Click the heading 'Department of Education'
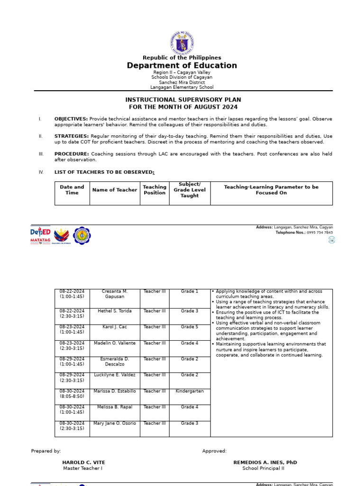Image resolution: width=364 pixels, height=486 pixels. pos(182,65)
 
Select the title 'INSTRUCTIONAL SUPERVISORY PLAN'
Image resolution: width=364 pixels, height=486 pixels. pos(183,100)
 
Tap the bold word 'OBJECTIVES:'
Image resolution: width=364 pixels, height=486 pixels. pos(71,119)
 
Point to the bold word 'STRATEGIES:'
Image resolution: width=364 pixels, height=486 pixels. pos(71,136)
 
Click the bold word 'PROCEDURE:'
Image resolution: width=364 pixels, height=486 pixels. pos(72,154)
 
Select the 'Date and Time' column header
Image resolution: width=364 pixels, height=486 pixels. pos(72,190)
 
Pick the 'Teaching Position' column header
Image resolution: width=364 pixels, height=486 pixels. pos(155,190)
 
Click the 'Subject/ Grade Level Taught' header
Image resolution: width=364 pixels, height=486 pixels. pos(190,190)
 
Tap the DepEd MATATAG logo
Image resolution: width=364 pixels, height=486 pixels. pos(40,235)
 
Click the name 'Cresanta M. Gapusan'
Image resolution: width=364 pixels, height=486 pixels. pos(115,294)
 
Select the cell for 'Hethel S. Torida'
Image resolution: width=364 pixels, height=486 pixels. pos(115,311)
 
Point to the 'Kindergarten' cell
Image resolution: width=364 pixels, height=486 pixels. pos(190,391)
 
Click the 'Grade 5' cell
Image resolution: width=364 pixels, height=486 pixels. pos(190,327)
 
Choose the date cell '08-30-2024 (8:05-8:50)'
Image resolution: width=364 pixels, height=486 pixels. pos(72,393)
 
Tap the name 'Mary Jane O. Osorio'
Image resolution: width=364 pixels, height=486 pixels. pos(115,423)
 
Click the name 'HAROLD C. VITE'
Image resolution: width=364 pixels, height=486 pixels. pos(83,462)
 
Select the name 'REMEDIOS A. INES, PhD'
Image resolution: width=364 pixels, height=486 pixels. pos(265,462)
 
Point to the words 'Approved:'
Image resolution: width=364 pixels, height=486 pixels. pos(214,451)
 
